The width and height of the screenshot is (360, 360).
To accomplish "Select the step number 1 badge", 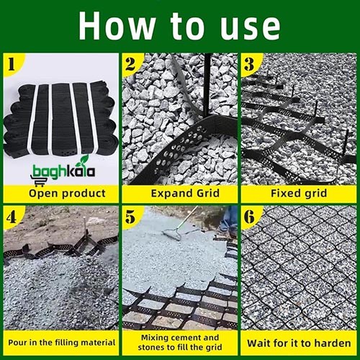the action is pos(12,64).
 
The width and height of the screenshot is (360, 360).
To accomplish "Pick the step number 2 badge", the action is pos(130,64).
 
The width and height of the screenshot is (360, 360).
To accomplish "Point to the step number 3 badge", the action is pos(249,64).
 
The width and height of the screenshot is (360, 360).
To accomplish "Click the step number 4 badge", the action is pos(12,217).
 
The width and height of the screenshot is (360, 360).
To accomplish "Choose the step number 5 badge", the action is pos(130,217).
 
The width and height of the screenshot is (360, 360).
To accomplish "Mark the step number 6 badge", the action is pos(249,217).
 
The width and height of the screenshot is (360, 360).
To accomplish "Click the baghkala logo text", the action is pos(63,171).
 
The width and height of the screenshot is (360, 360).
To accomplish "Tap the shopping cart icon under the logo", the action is pos(38,181).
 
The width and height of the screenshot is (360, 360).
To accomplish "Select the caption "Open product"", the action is pos(67,194).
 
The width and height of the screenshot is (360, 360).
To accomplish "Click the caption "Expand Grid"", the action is pos(185,193).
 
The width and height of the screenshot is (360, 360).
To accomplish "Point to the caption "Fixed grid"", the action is pos(299,193).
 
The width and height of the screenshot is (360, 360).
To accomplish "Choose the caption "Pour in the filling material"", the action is pos(61,343).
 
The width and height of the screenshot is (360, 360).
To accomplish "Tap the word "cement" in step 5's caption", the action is pos(187,338).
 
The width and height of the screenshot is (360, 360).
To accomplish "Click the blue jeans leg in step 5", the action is pos(229,219).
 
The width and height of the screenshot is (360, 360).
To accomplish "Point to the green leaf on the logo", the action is pos(84,159).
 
